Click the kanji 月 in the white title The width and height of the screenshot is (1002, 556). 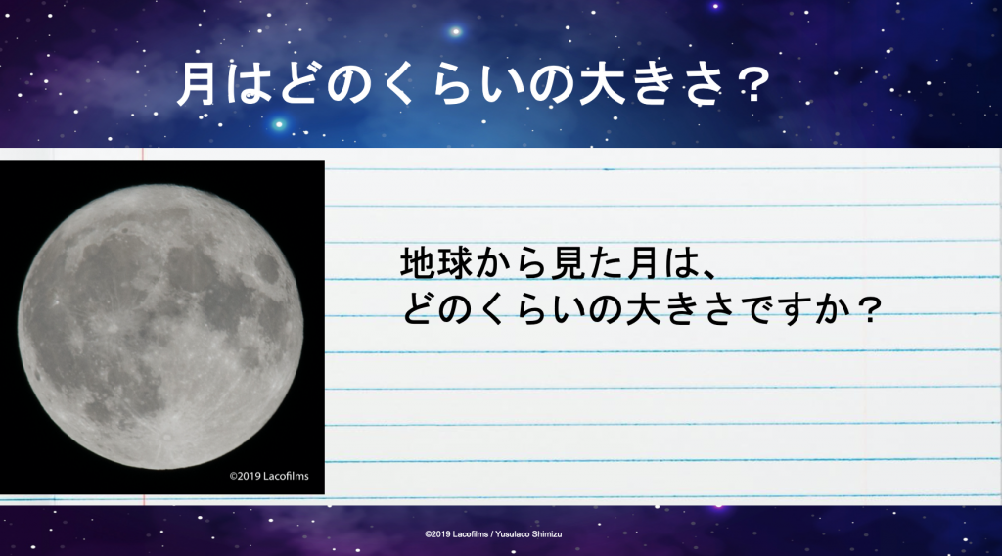pyautogui.click(x=196, y=83)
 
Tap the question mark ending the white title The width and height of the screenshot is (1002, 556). pyautogui.click(x=752, y=84)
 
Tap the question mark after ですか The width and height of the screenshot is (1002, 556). pyautogui.click(x=868, y=309)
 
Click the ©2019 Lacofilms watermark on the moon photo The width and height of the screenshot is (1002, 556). pyautogui.click(x=269, y=476)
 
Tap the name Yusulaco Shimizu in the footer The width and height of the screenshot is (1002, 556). pyautogui.click(x=528, y=534)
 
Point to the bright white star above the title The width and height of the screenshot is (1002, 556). pyautogui.click(x=455, y=31)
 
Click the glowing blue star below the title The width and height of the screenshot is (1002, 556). pyautogui.click(x=279, y=124)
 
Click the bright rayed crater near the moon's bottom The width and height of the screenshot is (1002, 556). pyautogui.click(x=166, y=438)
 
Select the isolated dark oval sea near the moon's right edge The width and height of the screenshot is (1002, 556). pyautogui.click(x=267, y=268)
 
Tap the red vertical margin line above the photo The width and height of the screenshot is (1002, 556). pyautogui.click(x=143, y=154)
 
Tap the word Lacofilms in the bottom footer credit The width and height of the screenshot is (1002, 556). pyautogui.click(x=471, y=534)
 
